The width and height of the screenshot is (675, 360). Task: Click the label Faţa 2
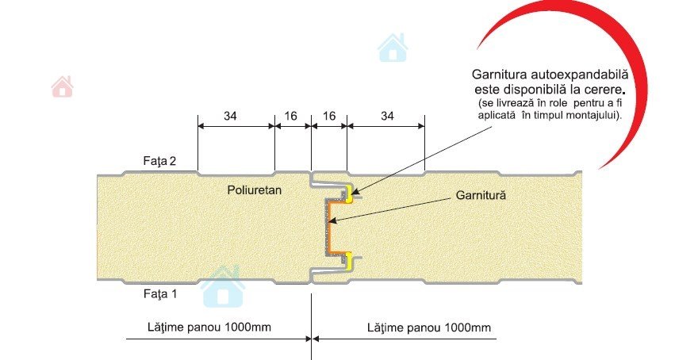pos(160,162)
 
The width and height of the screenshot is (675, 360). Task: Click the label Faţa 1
pos(160,294)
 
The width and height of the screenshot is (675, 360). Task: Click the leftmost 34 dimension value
pos(229,116)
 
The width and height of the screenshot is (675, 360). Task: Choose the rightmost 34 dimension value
pos(388,116)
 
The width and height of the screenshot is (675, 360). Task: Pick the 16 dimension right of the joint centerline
pos(329,116)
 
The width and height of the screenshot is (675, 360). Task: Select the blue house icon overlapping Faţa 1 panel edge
pos(223,288)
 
